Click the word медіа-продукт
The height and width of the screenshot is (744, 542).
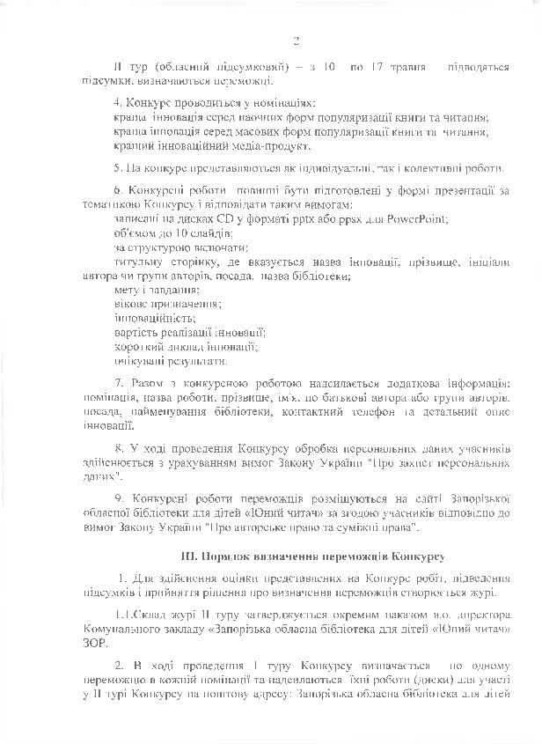coord(270,146)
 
